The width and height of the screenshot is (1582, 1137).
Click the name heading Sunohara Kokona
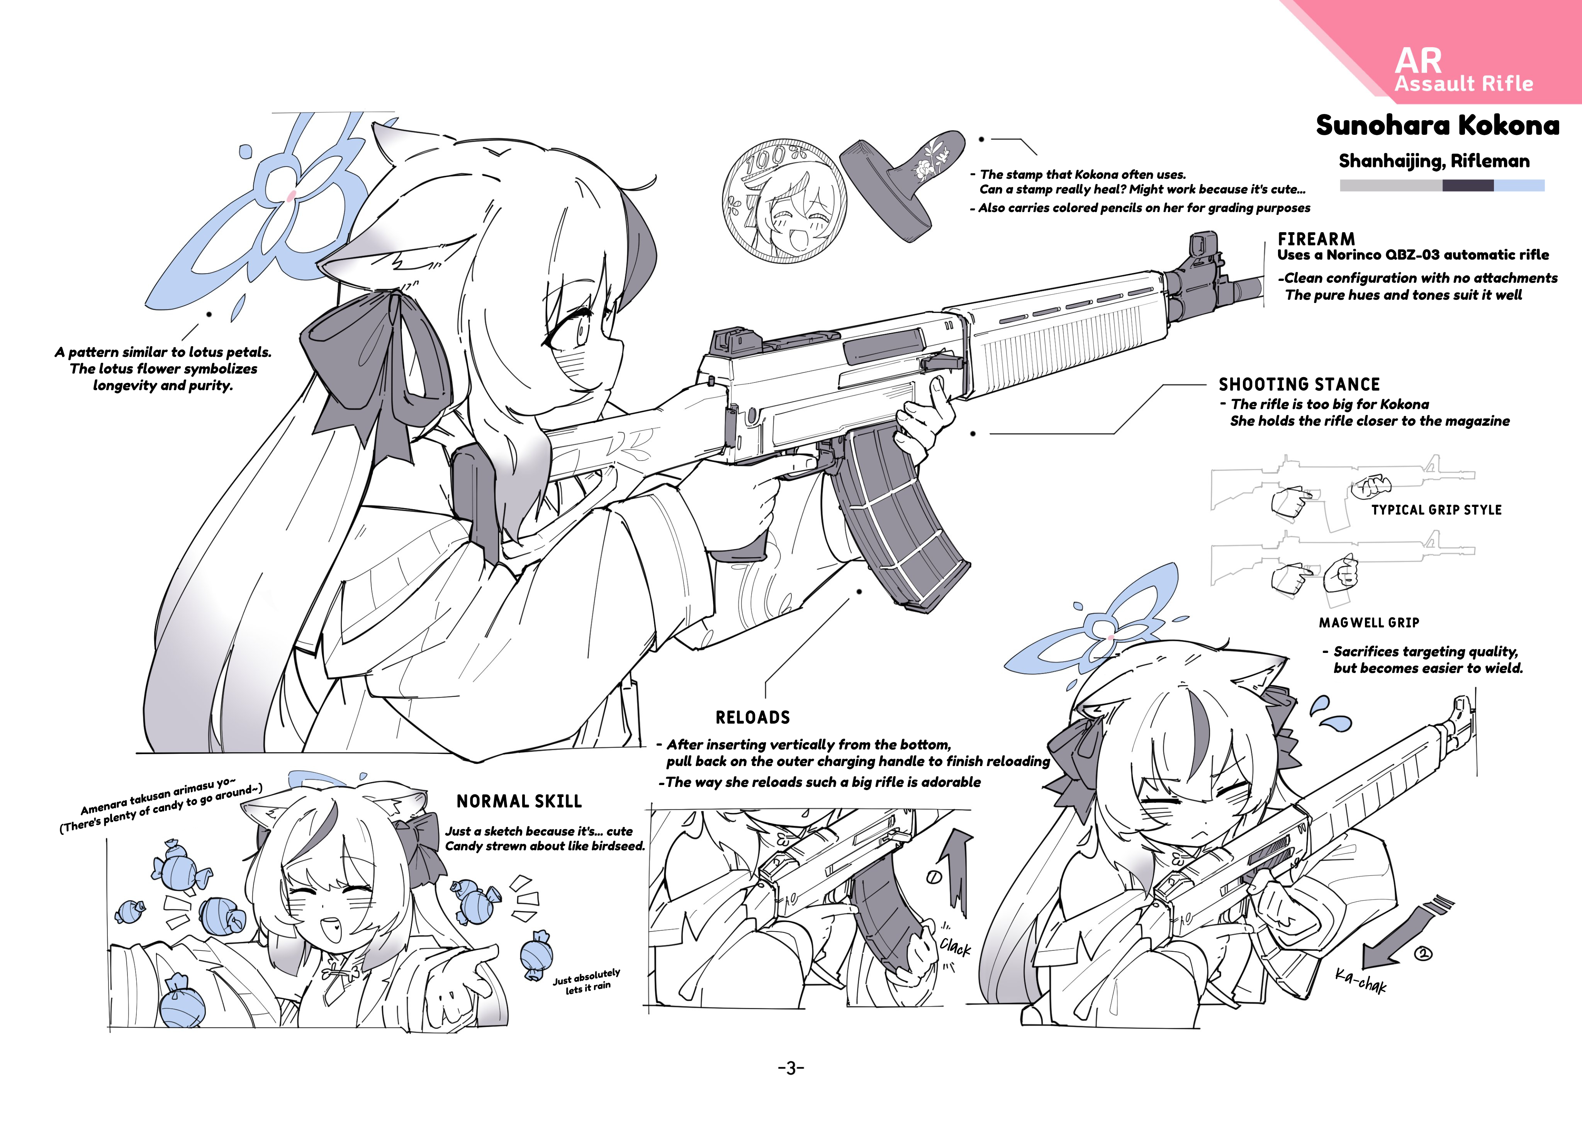1438,126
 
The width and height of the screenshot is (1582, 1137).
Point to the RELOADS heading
753,718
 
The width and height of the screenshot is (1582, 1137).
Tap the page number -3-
791,1068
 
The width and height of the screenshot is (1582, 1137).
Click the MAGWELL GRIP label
1368,623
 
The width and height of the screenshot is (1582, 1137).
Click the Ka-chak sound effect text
1361,980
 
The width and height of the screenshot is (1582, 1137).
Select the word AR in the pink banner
1418,61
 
